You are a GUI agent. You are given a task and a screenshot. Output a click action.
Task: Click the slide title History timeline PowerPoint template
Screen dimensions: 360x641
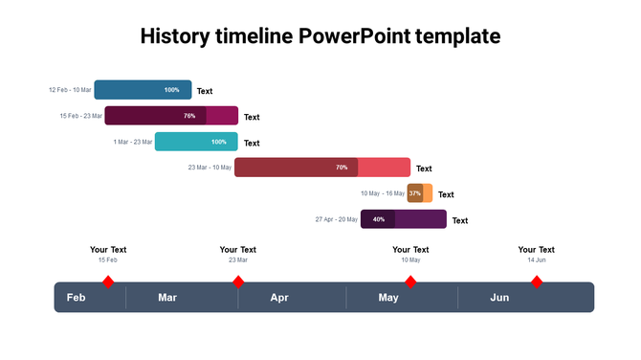[320, 36]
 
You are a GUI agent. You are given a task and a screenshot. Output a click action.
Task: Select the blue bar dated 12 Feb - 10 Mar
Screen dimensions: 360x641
[143, 90]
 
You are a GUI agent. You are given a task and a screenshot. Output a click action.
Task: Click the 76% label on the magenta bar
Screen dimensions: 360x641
[189, 116]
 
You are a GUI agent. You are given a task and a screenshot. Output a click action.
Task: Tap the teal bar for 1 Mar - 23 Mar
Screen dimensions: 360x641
[195, 142]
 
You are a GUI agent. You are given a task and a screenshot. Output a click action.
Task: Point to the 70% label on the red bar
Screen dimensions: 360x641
[342, 168]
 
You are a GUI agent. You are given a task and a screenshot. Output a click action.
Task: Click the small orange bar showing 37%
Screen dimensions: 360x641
[420, 193]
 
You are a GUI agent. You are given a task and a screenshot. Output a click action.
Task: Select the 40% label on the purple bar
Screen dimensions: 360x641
[379, 219]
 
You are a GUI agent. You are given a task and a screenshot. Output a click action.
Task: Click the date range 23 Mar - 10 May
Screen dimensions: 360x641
[210, 168]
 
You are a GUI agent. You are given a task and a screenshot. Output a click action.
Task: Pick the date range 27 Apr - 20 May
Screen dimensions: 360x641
[336, 219]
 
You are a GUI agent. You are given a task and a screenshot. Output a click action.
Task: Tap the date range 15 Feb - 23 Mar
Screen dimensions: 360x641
[80, 116]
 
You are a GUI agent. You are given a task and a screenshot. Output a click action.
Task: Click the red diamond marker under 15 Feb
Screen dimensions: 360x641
[108, 281]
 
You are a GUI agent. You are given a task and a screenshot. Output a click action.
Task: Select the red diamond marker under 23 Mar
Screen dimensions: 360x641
[238, 281]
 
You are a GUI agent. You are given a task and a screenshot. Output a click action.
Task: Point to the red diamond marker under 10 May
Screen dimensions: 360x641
[410, 281]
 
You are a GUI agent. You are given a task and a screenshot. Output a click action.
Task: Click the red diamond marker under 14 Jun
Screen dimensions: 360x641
[537, 281]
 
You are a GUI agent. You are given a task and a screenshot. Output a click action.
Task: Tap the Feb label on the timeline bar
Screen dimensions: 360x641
[77, 298]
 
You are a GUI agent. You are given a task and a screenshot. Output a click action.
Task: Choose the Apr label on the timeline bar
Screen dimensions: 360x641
[279, 298]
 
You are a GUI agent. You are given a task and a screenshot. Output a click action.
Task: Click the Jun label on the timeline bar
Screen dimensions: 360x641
[499, 298]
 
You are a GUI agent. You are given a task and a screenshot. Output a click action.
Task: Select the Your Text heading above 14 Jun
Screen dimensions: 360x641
[537, 250]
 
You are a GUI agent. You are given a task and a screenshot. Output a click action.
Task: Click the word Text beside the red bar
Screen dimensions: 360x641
[424, 169]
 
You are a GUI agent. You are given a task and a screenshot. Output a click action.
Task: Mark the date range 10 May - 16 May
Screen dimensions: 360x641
[382, 193]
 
